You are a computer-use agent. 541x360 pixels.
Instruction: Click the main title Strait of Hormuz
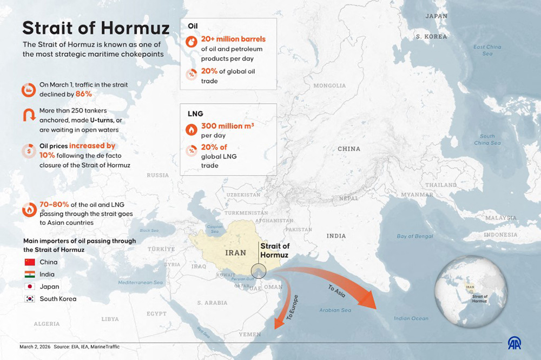[x=96, y=28]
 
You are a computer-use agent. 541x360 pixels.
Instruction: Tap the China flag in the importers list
[x=30, y=262]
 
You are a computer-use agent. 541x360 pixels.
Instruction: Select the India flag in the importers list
[x=30, y=275]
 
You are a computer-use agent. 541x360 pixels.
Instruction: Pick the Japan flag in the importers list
[x=30, y=286]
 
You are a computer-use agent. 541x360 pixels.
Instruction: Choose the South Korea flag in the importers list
[x=30, y=299]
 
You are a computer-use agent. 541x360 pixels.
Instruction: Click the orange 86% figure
[x=84, y=94]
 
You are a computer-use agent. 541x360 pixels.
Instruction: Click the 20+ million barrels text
[x=233, y=40]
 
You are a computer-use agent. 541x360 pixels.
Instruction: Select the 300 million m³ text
[x=228, y=126]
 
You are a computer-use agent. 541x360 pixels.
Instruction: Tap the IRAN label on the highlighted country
[x=235, y=252]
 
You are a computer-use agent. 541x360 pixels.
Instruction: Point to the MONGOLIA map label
[x=329, y=85]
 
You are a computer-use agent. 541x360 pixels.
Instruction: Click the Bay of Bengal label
[x=415, y=236]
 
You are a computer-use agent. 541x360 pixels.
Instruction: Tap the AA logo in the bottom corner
[x=514, y=343]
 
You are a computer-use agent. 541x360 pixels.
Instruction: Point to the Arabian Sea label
[x=335, y=310]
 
